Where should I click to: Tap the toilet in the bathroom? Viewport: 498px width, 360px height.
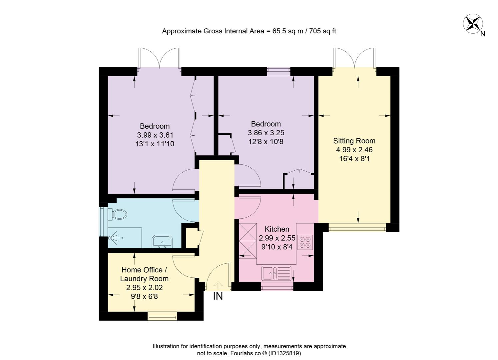[117, 214]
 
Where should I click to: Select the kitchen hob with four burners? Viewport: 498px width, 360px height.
[305, 242]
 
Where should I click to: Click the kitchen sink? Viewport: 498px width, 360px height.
[276, 273]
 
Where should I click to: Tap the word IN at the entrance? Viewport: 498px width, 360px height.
[218, 296]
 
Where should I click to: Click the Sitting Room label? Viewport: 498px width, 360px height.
[354, 141]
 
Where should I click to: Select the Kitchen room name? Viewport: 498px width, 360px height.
[277, 229]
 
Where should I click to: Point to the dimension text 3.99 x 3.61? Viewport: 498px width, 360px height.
[155, 135]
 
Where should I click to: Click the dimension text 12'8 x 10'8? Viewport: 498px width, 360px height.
[266, 142]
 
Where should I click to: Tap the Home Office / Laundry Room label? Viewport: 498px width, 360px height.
[144, 274]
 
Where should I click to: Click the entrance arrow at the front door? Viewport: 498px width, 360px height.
[218, 285]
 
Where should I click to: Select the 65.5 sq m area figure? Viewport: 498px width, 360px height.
[288, 31]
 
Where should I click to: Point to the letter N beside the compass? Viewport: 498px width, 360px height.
[483, 34]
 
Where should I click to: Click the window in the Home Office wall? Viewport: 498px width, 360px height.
[162, 316]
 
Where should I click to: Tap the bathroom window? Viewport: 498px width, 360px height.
[102, 222]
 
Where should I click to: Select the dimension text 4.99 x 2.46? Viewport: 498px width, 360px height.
[354, 150]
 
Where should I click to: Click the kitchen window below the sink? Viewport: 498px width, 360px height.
[277, 287]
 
